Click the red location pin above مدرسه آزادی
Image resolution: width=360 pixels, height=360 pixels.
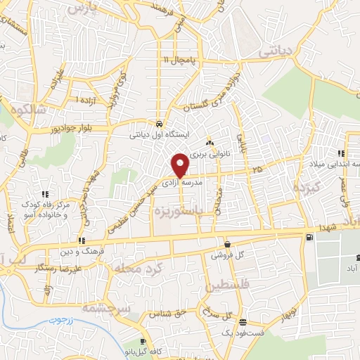point(180,165)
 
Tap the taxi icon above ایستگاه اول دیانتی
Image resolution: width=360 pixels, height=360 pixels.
point(161,120)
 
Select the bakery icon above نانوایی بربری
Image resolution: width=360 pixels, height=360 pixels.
point(209,143)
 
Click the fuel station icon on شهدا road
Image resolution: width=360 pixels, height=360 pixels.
point(310,238)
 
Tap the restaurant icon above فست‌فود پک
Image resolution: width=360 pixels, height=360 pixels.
point(243,323)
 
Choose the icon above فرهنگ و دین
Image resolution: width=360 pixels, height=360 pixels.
point(83,241)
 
